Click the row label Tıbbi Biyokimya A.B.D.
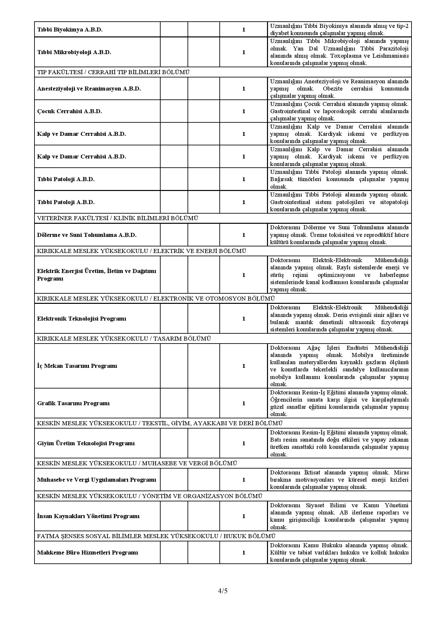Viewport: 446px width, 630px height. (x=70, y=30)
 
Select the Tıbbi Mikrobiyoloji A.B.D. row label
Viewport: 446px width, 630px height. (x=74, y=52)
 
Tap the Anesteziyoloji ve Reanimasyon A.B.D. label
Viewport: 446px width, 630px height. (x=89, y=89)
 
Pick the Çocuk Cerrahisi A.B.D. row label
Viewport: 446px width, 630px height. (x=70, y=111)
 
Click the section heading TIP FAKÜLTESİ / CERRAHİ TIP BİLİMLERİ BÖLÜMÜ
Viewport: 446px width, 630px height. (x=113, y=72)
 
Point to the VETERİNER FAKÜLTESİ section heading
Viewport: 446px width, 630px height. (x=118, y=218)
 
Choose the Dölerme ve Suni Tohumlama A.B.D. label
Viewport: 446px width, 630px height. (x=87, y=235)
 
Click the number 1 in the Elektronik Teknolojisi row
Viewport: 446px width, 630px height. (x=244, y=319)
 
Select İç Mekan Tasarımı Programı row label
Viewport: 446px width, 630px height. (x=77, y=366)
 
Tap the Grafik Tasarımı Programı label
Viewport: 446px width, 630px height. (x=73, y=403)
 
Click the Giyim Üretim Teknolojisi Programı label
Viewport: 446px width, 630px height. (x=86, y=443)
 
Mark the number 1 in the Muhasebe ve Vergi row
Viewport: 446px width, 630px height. (x=244, y=480)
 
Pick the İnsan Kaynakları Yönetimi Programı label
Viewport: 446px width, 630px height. (x=88, y=516)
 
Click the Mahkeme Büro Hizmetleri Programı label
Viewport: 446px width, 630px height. (x=88, y=553)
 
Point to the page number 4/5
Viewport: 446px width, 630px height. (x=223, y=591)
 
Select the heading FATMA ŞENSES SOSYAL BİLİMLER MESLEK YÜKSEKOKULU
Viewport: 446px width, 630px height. (x=156, y=536)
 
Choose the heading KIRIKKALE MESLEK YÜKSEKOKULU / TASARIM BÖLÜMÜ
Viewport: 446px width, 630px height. (x=124, y=339)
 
